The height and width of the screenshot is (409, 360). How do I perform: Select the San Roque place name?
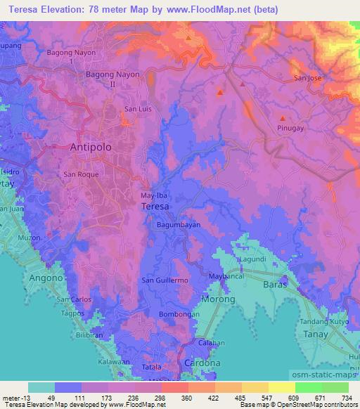click(x=78, y=174)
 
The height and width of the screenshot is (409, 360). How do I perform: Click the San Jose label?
click(x=307, y=78)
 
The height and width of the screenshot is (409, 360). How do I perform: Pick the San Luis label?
click(x=137, y=109)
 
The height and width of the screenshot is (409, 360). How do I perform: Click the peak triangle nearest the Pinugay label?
click(x=283, y=118)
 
